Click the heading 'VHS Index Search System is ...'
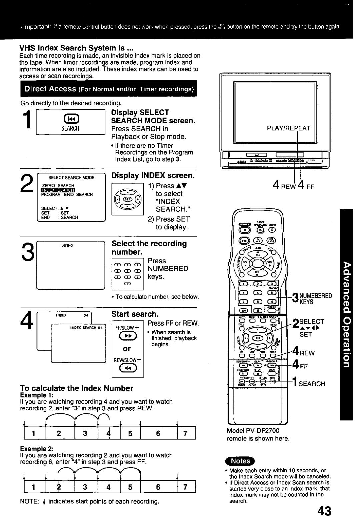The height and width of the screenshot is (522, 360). pos(76,49)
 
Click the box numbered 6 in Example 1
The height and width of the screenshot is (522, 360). pos(158,434)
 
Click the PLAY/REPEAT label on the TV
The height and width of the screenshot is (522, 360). pos(293,128)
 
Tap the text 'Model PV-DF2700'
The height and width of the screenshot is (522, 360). pos(253,431)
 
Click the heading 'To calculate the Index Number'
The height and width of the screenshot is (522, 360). pos(76,388)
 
